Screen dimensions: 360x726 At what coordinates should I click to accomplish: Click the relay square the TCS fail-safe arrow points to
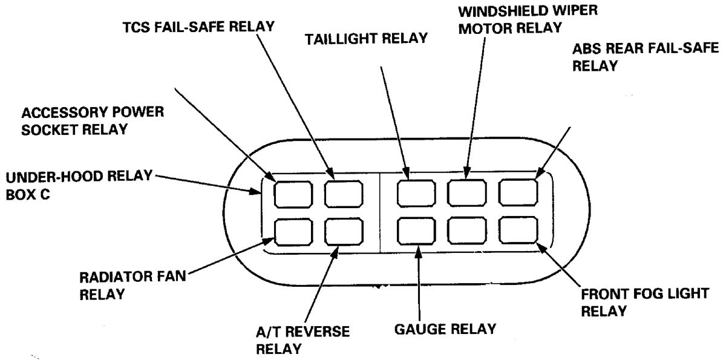click(x=343, y=193)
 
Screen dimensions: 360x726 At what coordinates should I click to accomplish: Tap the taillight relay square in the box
click(x=416, y=193)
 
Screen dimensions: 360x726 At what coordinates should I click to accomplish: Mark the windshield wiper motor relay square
click(x=466, y=193)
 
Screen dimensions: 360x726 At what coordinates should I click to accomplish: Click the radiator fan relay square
click(x=293, y=231)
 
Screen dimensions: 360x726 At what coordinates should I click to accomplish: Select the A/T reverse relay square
click(x=343, y=231)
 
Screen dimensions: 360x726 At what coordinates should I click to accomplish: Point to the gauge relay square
click(x=416, y=231)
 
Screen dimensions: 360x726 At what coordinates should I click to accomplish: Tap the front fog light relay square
click(x=518, y=230)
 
